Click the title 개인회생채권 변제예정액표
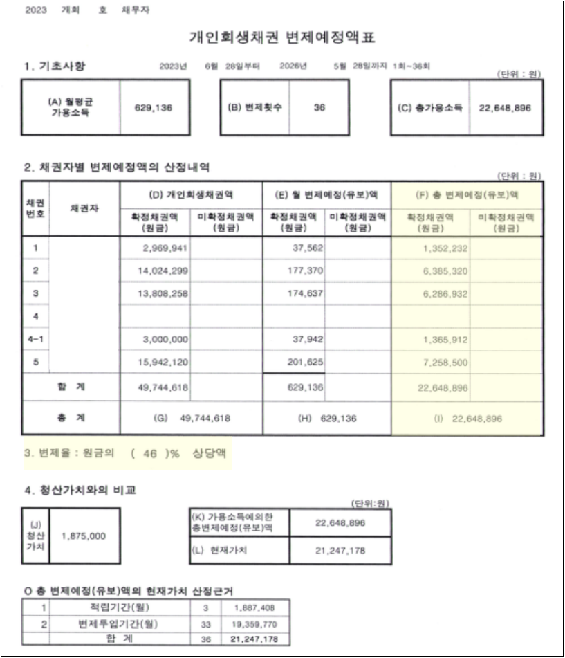coord(283,37)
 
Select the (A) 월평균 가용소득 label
coord(71,107)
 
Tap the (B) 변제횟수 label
coord(253,108)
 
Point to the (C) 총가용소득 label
coord(429,108)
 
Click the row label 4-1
coord(35,340)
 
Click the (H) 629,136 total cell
coord(326,419)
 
